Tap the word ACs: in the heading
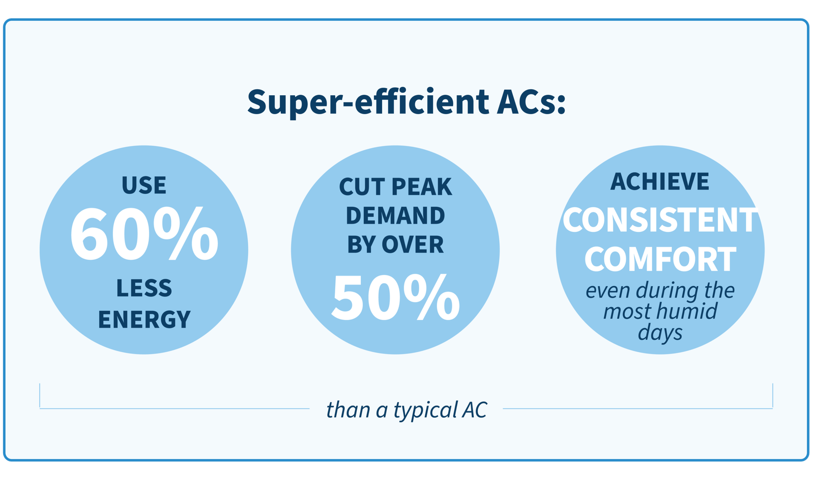(x=532, y=102)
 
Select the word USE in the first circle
(x=144, y=185)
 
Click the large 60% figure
(x=144, y=234)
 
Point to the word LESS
(x=144, y=288)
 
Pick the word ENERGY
(x=144, y=319)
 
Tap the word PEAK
(x=422, y=186)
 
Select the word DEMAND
(x=395, y=215)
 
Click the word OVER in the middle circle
(x=413, y=244)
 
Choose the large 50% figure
(x=396, y=298)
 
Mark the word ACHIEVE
(x=660, y=181)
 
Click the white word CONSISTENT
(x=660, y=220)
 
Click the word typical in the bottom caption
(x=425, y=411)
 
